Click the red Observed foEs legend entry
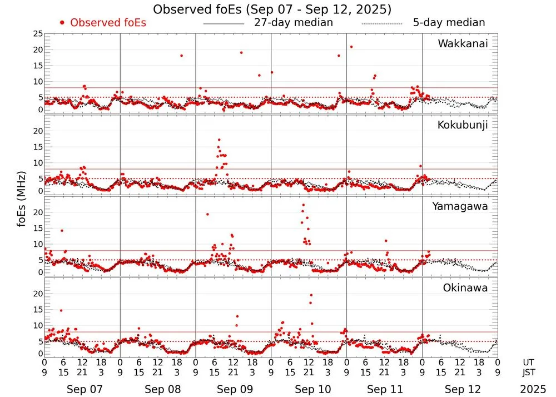pyautogui.click(x=102, y=23)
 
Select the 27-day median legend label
pyautogui.click(x=293, y=23)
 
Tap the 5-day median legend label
pyautogui.click(x=449, y=23)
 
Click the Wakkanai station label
pyautogui.click(x=463, y=43)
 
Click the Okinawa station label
pyautogui.click(x=465, y=288)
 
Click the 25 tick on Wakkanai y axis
pyautogui.click(x=38, y=34)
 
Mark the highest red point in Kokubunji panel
pyautogui.click(x=219, y=140)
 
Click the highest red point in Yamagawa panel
pyautogui.click(x=303, y=205)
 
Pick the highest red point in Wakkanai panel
pyautogui.click(x=351, y=47)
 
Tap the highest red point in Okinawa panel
pyautogui.click(x=311, y=295)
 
